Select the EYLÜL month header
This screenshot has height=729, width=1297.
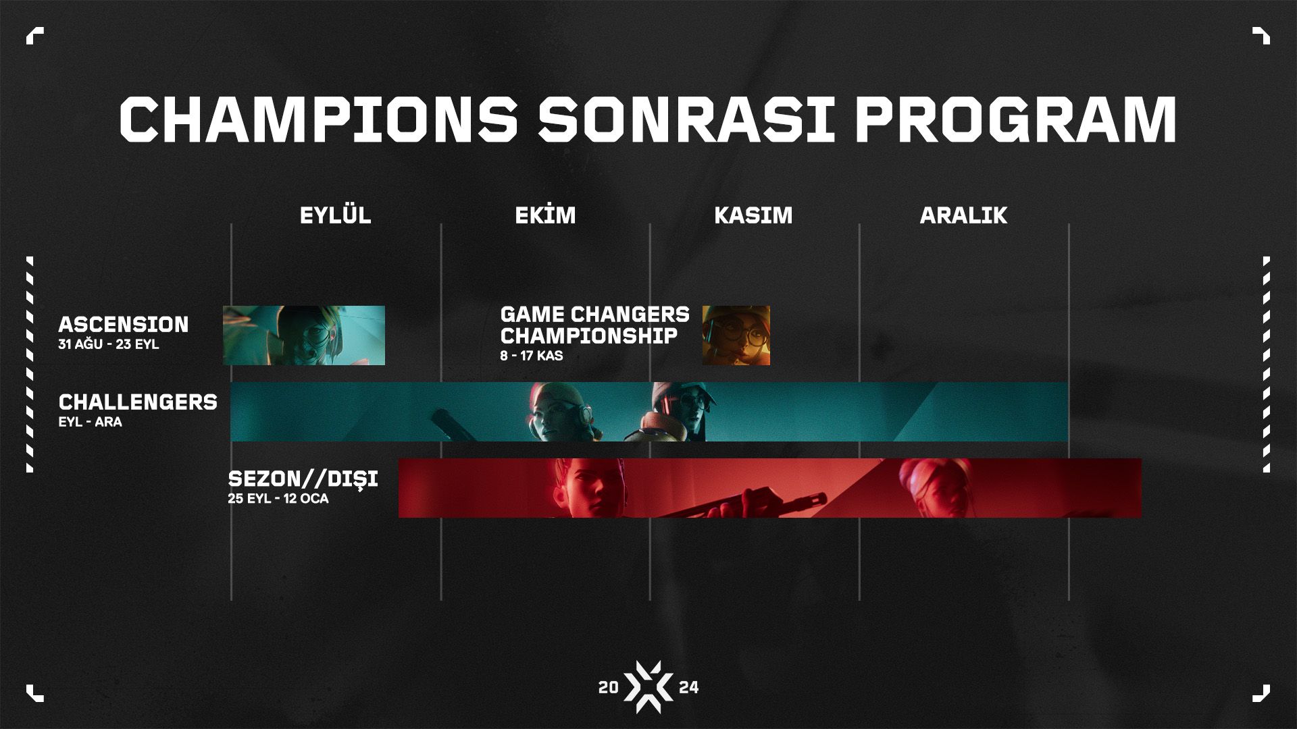click(336, 215)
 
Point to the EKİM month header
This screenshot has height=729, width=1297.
click(545, 215)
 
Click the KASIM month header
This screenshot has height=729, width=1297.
click(753, 215)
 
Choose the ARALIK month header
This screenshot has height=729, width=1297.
click(963, 215)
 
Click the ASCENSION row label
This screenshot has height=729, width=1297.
click(124, 324)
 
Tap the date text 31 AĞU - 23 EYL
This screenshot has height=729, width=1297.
click(109, 344)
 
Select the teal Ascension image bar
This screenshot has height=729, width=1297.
click(304, 335)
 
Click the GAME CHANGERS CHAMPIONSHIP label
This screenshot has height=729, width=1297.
click(595, 325)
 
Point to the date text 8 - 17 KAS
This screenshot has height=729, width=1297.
click(532, 356)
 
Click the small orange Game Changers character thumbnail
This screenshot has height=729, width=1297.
click(736, 335)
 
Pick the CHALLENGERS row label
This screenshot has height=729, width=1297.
click(138, 402)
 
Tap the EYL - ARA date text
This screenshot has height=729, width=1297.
click(90, 422)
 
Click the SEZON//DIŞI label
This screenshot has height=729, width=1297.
click(303, 479)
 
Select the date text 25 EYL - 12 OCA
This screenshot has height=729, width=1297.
click(278, 499)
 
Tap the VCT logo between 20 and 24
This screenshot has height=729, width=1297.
click(648, 687)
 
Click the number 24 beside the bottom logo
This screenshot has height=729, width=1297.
click(689, 688)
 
